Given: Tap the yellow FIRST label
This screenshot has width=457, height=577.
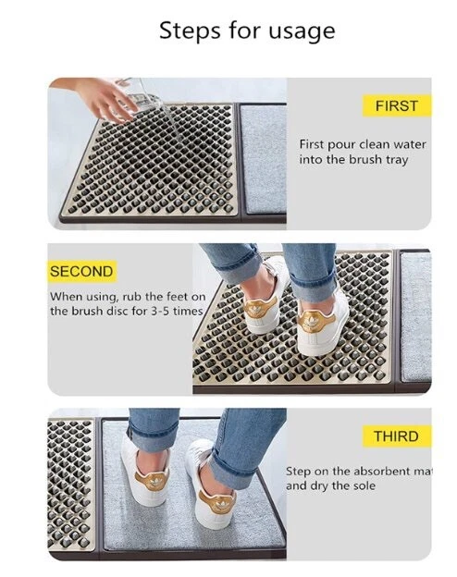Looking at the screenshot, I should tap(396, 105).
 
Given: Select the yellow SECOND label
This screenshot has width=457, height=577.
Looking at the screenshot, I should tap(81, 272).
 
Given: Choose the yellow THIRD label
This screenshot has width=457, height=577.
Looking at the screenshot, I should tap(395, 436).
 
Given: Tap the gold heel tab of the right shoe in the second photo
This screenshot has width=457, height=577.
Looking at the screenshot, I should tap(314, 324).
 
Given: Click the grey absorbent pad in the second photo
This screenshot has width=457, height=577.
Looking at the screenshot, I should tap(415, 314).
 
